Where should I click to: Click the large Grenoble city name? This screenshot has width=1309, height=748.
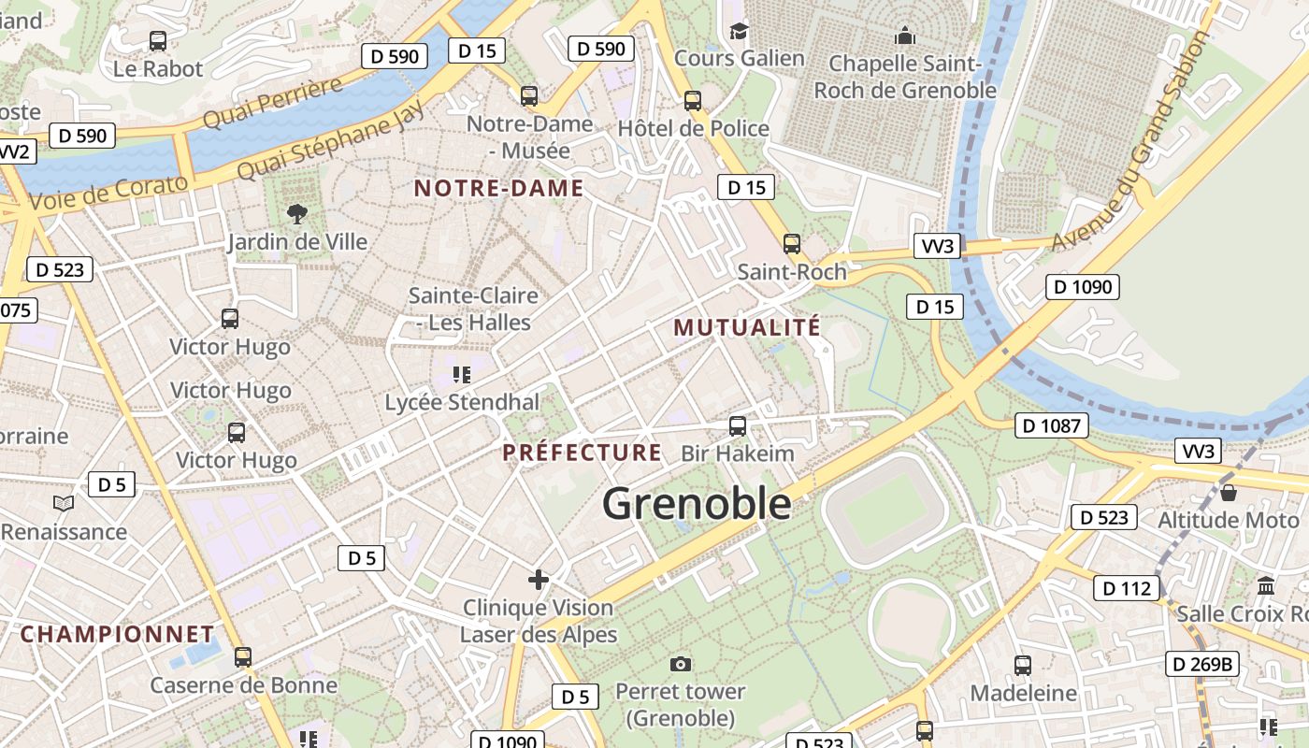697,504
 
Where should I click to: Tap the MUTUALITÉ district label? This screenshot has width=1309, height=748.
746,327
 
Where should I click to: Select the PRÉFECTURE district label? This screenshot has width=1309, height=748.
582,453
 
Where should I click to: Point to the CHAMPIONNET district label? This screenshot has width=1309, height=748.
117,634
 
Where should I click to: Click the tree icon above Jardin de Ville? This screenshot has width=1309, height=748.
297,214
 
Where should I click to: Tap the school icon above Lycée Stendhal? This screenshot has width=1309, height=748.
461,375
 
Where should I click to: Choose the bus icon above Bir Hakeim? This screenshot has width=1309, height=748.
738,426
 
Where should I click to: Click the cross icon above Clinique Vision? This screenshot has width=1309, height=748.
539,580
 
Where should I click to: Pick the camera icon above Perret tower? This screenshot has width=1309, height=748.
681,665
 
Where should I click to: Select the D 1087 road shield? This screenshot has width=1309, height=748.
1052,426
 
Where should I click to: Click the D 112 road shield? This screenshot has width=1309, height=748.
1127,588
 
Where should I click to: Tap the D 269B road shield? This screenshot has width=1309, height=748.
1201,665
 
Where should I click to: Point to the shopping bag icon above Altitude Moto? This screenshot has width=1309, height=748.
1229,493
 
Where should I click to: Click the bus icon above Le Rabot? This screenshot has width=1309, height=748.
158,41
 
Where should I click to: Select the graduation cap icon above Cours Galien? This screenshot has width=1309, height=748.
739,32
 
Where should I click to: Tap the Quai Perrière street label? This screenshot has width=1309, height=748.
273,104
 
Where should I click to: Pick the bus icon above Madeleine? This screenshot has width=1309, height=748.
1023,666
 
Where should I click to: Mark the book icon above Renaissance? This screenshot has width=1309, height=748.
64,504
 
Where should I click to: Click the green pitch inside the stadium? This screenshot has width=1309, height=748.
884,510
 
